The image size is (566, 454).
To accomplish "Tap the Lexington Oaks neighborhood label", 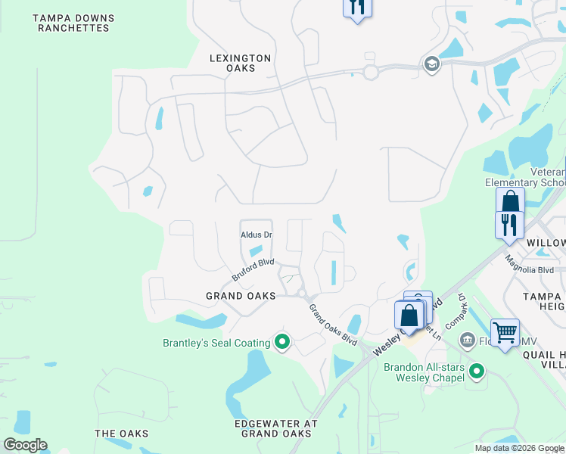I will [x=241, y=63].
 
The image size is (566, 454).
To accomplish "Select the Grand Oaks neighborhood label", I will [x=241, y=296].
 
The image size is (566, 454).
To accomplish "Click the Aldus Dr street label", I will [x=256, y=235].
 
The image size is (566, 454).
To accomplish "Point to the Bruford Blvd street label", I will [x=253, y=270].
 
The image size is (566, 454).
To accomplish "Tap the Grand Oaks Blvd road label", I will [x=332, y=325].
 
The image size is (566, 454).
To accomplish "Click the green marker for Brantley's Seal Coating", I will [x=282, y=343].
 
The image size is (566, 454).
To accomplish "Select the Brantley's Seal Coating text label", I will [x=216, y=344].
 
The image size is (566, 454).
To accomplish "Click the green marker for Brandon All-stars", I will [x=477, y=371].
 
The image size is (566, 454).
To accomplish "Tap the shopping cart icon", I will [x=505, y=331].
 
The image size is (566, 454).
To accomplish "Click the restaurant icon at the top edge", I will [x=357, y=8].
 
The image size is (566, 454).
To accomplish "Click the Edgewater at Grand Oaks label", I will [x=275, y=428].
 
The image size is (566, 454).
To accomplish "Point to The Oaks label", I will [x=121, y=434].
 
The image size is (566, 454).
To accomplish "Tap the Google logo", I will [x=25, y=445].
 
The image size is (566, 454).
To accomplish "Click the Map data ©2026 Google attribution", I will [x=519, y=448].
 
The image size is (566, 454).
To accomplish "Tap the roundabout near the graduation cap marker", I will [x=370, y=72].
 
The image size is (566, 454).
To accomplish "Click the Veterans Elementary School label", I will [x=525, y=177].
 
